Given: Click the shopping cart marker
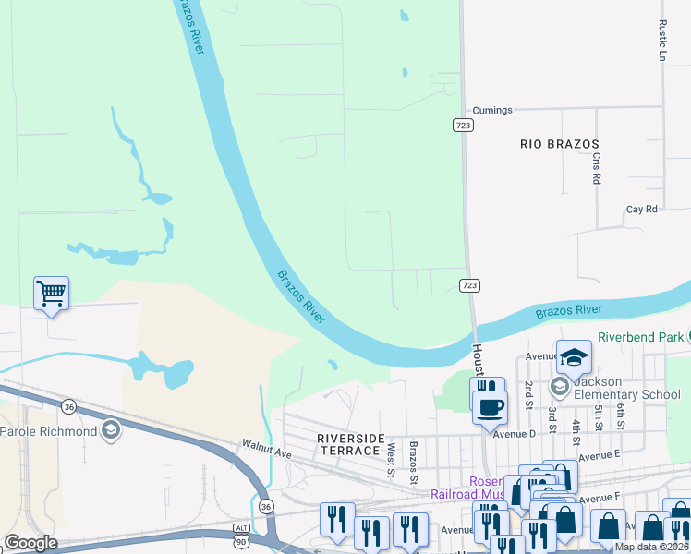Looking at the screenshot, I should pos(51,295).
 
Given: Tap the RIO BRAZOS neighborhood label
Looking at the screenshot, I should pos(560,144).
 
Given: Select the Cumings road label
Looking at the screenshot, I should pos(491,111).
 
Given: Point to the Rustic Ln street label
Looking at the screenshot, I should pos(662,42).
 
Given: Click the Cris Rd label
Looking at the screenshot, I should pos(597,168).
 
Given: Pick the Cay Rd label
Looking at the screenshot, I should pos(641,210).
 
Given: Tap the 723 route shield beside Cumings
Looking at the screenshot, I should pos(465,125).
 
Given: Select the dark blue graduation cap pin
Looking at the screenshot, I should pos(573,356).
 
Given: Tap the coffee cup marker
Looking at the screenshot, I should pos(490,405).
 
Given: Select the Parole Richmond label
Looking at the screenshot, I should pos(49,431).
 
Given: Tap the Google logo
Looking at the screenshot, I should pos(30,543).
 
